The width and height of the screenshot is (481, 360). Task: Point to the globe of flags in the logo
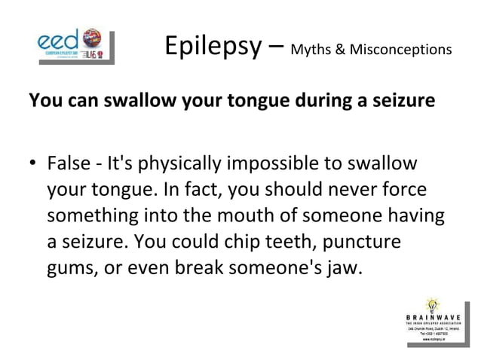tap(93, 38)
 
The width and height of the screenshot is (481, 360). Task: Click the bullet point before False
tap(34, 164)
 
